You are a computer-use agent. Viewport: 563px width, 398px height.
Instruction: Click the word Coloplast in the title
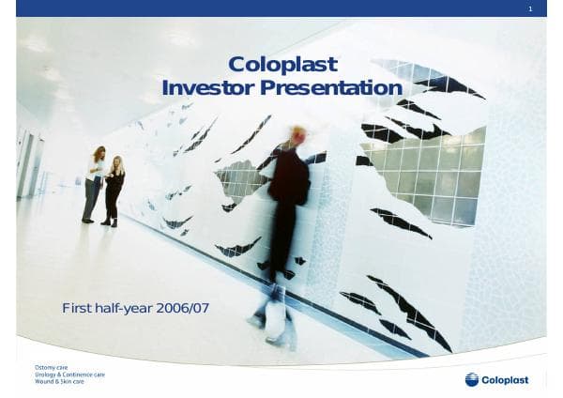(x=282, y=65)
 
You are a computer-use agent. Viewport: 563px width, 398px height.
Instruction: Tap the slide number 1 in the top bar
(x=531, y=8)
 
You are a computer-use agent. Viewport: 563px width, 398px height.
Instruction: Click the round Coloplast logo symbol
(x=472, y=379)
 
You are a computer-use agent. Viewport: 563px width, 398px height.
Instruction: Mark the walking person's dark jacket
(x=289, y=183)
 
